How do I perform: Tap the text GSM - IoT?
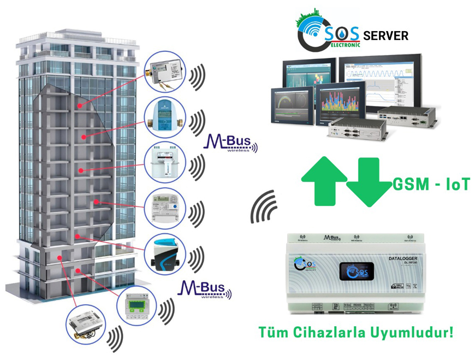pyautogui.click(x=431, y=185)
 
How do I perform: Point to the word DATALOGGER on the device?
pyautogui.click(x=402, y=258)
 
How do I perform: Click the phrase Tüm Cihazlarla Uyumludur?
pyautogui.click(x=356, y=332)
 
